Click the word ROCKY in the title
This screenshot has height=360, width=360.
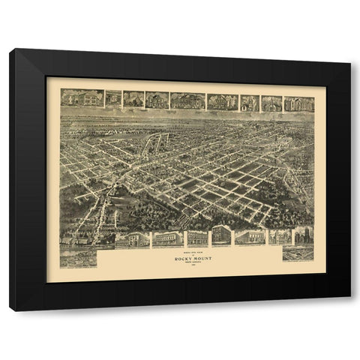(x=179, y=259)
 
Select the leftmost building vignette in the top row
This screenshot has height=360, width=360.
(x=82, y=97)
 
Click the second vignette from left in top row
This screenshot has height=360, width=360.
(x=113, y=98)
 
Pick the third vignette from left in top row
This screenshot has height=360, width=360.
(x=133, y=99)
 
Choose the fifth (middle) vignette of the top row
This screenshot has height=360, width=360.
(x=187, y=100)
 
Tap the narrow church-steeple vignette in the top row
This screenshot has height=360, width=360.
(x=250, y=103)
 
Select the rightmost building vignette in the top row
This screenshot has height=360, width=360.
(x=298, y=103)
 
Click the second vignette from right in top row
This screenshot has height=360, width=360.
(x=271, y=103)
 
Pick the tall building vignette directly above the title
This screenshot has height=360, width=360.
(x=221, y=235)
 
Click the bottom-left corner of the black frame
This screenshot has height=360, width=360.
(x=10, y=310)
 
